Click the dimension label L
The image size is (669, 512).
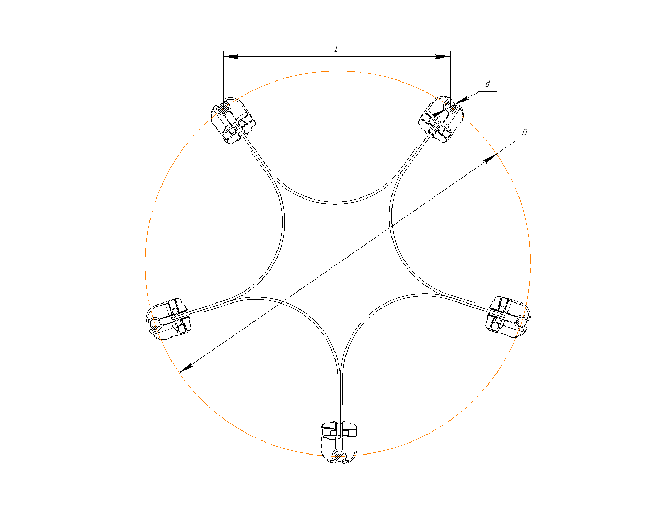point(336,49)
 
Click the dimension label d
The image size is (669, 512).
point(487,84)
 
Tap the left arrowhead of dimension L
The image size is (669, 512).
point(231,56)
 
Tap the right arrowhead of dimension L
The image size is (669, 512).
point(443,56)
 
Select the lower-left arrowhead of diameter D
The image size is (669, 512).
point(186,368)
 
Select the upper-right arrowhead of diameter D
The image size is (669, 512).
point(490,159)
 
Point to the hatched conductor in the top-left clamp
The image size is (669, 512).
point(224,108)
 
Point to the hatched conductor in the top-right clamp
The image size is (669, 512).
point(451,107)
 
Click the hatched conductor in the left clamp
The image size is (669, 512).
point(155,324)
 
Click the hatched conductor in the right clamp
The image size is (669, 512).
point(522,322)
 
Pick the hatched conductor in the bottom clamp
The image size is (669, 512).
point(339,456)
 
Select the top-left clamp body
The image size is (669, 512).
point(233,121)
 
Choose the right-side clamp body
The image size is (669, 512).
point(508,317)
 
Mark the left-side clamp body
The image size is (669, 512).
point(168,319)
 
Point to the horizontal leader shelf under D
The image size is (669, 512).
point(525,141)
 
